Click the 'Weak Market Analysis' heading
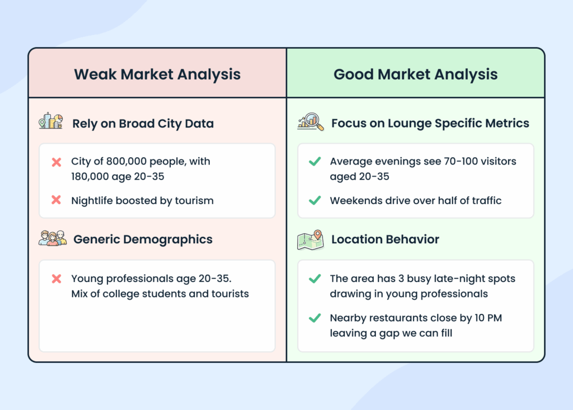tap(157, 74)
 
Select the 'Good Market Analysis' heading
tap(415, 74)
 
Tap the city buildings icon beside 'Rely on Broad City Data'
tap(50, 121)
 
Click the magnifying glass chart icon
tap(310, 121)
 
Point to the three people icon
tap(53, 238)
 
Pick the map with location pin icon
tap(310, 239)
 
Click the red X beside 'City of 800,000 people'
tap(57, 162)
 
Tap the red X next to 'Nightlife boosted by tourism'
tap(57, 200)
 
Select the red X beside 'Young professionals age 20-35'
tap(57, 279)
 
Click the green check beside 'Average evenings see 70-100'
tap(315, 162)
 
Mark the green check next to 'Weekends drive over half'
tap(315, 200)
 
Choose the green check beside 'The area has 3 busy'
tap(315, 279)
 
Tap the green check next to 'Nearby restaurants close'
tap(315, 318)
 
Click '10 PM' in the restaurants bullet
tap(484, 318)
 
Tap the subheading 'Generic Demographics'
tap(143, 239)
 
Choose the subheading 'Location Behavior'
tap(385, 239)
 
